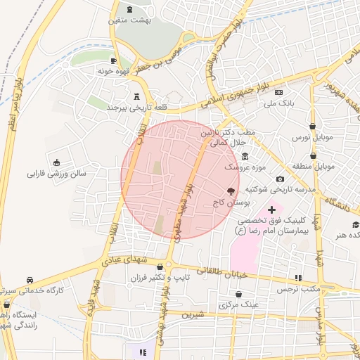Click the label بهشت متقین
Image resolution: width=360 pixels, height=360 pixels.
[129, 20]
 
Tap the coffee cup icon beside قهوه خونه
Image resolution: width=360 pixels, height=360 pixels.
[112, 60]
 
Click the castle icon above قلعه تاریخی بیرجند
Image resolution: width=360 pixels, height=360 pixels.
[135, 96]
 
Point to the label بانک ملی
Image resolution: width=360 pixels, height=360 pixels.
[277, 103]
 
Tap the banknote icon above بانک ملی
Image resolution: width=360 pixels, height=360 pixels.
[279, 92]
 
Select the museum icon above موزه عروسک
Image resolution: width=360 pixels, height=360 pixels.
[244, 156]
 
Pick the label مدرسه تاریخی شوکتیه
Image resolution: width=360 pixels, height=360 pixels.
[280, 190]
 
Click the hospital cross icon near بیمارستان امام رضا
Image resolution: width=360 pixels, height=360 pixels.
[272, 210]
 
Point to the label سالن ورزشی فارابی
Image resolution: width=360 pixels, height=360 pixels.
[56, 172]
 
